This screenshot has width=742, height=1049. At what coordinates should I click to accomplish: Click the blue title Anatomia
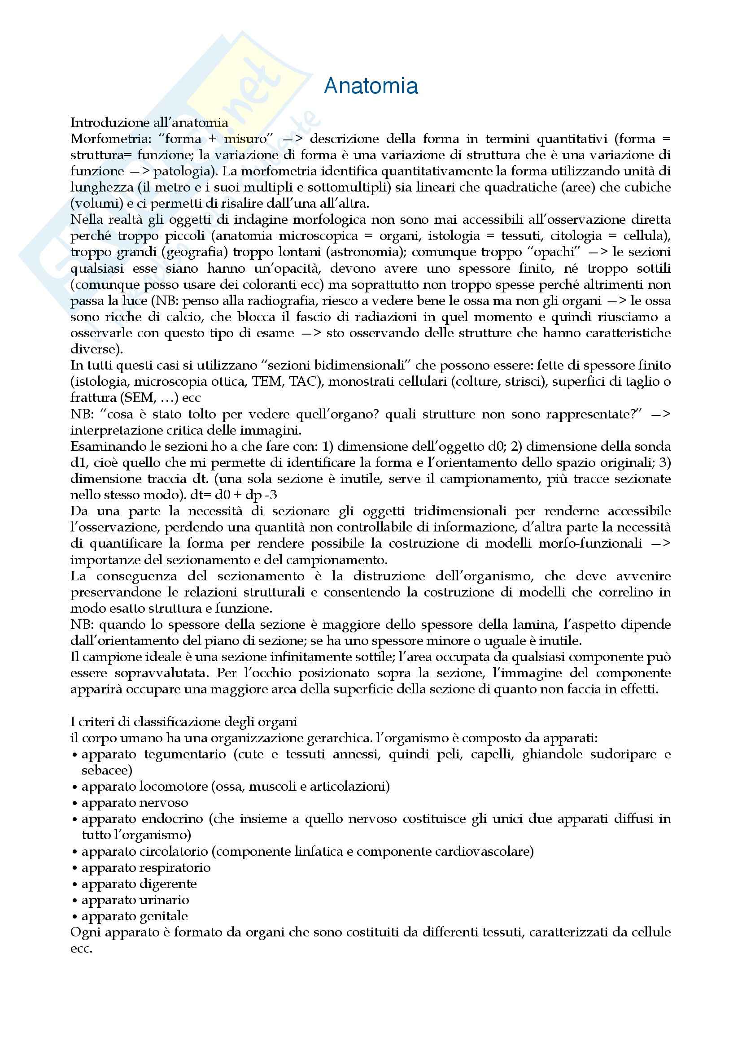(371, 87)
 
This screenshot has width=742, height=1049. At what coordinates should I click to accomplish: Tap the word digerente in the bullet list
(169, 884)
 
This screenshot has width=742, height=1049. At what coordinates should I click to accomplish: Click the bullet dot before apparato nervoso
(74, 803)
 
